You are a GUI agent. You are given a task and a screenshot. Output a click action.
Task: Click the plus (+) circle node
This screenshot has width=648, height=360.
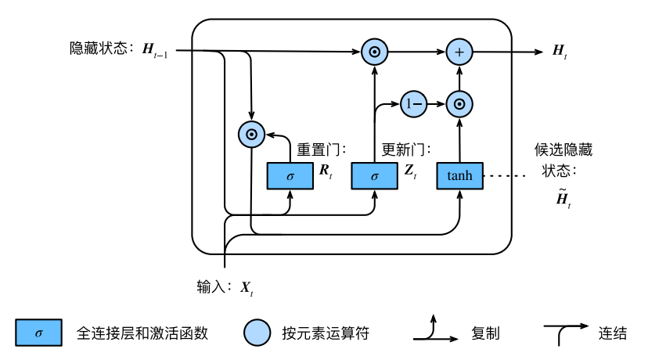(x=460, y=52)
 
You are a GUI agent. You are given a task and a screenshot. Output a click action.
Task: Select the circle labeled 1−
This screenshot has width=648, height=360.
(x=412, y=103)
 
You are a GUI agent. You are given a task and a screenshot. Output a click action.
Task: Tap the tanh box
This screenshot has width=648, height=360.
(x=459, y=175)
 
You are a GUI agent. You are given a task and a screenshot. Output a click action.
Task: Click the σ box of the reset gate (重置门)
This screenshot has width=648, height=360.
(x=290, y=175)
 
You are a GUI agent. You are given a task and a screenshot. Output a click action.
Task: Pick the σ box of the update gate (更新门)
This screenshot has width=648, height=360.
(x=374, y=175)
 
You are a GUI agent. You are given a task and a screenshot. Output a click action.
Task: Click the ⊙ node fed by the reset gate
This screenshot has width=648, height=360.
(x=251, y=135)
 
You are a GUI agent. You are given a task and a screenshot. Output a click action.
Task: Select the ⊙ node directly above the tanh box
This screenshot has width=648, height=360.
(x=460, y=103)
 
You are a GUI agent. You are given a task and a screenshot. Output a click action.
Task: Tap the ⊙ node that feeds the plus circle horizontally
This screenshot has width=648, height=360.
(x=375, y=52)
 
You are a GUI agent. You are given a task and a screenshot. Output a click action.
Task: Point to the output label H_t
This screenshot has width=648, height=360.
(x=560, y=52)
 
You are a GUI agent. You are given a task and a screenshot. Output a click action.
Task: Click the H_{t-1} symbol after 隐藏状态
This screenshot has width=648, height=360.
(x=155, y=51)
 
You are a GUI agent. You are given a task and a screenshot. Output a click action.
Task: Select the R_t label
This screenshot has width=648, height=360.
(x=326, y=172)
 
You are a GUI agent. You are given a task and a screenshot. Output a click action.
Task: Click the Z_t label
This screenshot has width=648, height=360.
(x=410, y=172)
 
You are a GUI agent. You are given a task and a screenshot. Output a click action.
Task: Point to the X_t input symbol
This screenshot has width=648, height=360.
(x=246, y=289)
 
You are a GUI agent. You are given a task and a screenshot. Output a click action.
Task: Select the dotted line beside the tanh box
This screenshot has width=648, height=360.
(x=507, y=175)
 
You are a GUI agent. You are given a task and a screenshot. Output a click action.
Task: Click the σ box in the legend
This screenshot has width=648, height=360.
(x=38, y=333)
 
